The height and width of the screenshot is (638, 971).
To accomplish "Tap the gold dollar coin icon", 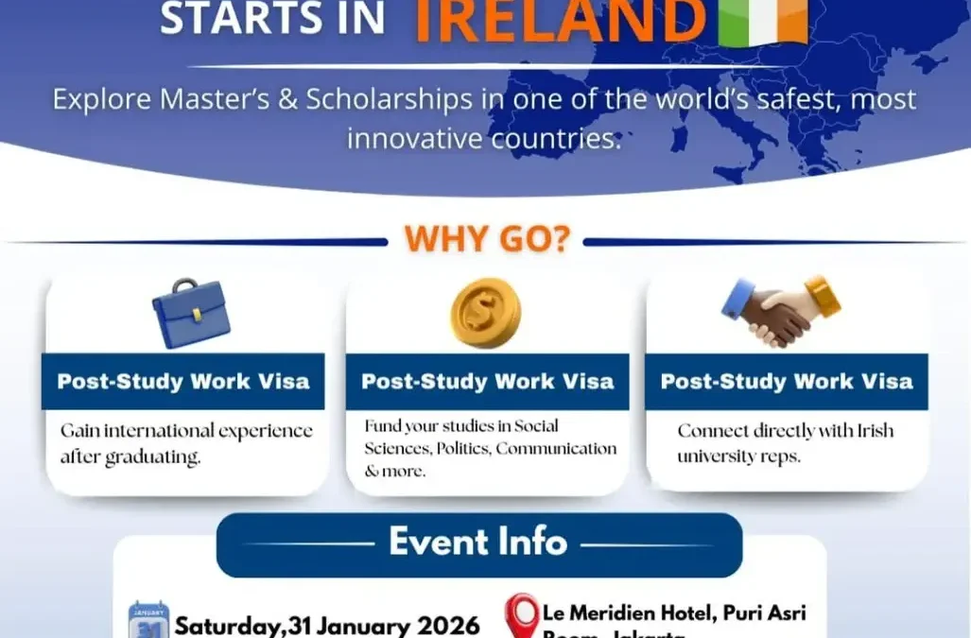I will (485, 313).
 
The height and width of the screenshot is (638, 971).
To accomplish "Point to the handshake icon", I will (781, 311).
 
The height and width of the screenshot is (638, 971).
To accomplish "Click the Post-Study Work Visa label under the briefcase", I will (183, 382).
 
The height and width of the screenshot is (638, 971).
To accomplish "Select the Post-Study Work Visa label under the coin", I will (487, 382).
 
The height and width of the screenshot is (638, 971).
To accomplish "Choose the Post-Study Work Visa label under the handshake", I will (787, 382).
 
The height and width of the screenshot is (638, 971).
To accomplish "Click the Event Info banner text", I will (478, 543).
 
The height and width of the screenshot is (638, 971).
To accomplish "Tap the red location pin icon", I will (521, 615).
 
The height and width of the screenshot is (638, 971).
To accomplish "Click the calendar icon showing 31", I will (148, 620).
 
